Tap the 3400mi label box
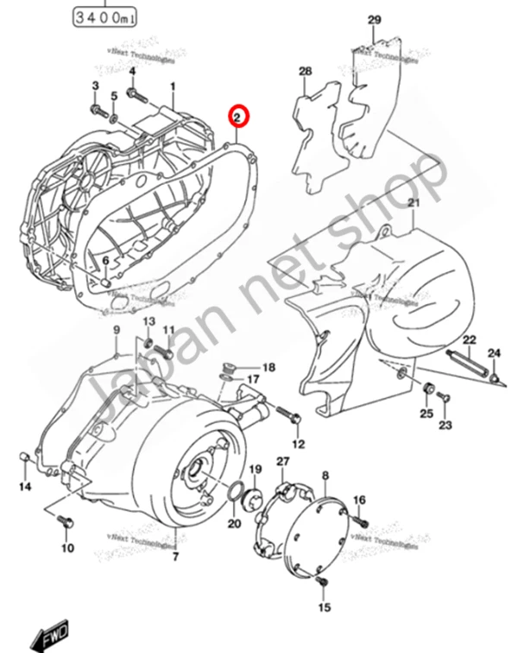coord(103,16)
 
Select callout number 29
coord(373,20)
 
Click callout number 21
coord(413,202)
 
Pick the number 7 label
coord(175,557)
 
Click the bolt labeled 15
coord(321,586)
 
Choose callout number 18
coord(268,367)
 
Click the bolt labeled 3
coord(97,111)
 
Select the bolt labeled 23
coord(445,396)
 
